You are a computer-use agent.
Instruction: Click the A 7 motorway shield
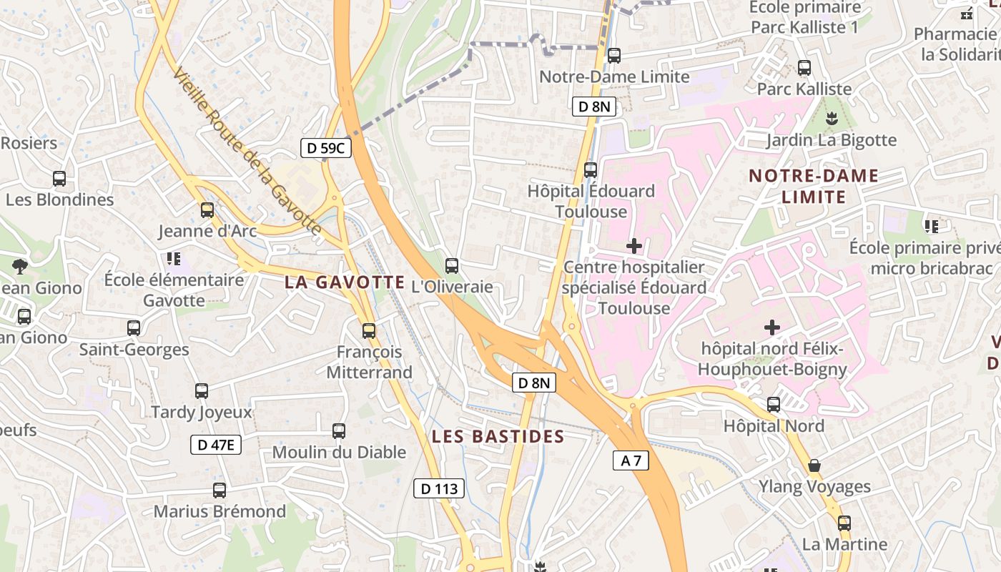[x=631, y=461]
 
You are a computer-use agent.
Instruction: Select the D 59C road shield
[x=325, y=148]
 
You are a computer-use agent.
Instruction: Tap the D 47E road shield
[x=216, y=445]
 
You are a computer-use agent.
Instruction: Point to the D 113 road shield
[x=439, y=489]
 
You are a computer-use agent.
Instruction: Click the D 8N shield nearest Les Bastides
[x=533, y=383]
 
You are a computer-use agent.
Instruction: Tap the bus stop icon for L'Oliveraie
[x=452, y=266]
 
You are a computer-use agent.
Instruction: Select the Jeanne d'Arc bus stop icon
[x=207, y=210]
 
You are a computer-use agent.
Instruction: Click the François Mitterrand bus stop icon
[x=369, y=331]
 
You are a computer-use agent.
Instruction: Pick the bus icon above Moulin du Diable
[x=339, y=431]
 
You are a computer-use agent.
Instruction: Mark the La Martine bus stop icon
[x=844, y=523]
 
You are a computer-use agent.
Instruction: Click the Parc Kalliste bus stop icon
[x=804, y=68]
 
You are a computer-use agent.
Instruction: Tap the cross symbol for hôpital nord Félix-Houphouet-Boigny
[x=772, y=328]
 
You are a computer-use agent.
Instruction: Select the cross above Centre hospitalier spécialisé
[x=633, y=247]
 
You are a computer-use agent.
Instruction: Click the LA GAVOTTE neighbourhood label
[x=345, y=282]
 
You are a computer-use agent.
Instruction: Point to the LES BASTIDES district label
[x=498, y=436]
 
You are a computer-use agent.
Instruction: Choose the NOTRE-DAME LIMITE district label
[x=813, y=186]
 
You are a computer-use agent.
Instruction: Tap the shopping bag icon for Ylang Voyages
[x=814, y=466]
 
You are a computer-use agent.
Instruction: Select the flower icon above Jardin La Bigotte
[x=831, y=118]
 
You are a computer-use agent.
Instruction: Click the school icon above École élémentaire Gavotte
[x=174, y=258]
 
